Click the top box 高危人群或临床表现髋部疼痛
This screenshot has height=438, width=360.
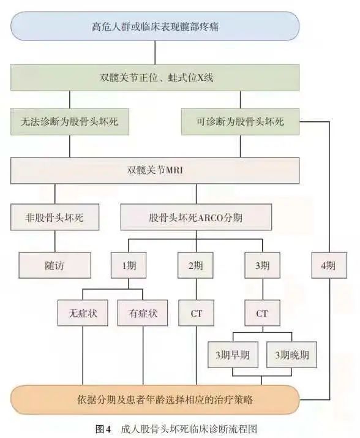pyautogui.click(x=155, y=27)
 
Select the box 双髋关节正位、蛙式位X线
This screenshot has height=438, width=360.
pyautogui.click(x=155, y=78)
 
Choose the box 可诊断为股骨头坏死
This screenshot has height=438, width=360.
pyautogui.click(x=240, y=122)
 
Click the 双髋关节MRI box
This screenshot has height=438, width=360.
pyautogui.click(x=155, y=170)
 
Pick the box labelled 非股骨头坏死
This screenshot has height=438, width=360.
pyautogui.click(x=55, y=217)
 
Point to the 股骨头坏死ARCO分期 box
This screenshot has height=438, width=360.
pyautogui.click(x=196, y=217)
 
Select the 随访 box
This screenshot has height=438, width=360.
pyautogui.click(x=55, y=265)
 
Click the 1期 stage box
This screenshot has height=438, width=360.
pyautogui.click(x=128, y=265)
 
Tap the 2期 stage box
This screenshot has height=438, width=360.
pyautogui.click(x=195, y=265)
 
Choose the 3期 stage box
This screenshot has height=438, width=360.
pyautogui.click(x=262, y=265)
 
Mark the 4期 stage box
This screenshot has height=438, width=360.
pyautogui.click(x=328, y=265)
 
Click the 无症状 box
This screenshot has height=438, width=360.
pyautogui.click(x=83, y=313)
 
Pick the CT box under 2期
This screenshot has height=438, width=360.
pyautogui.click(x=195, y=313)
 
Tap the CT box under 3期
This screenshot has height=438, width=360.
pyautogui.click(x=262, y=313)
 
